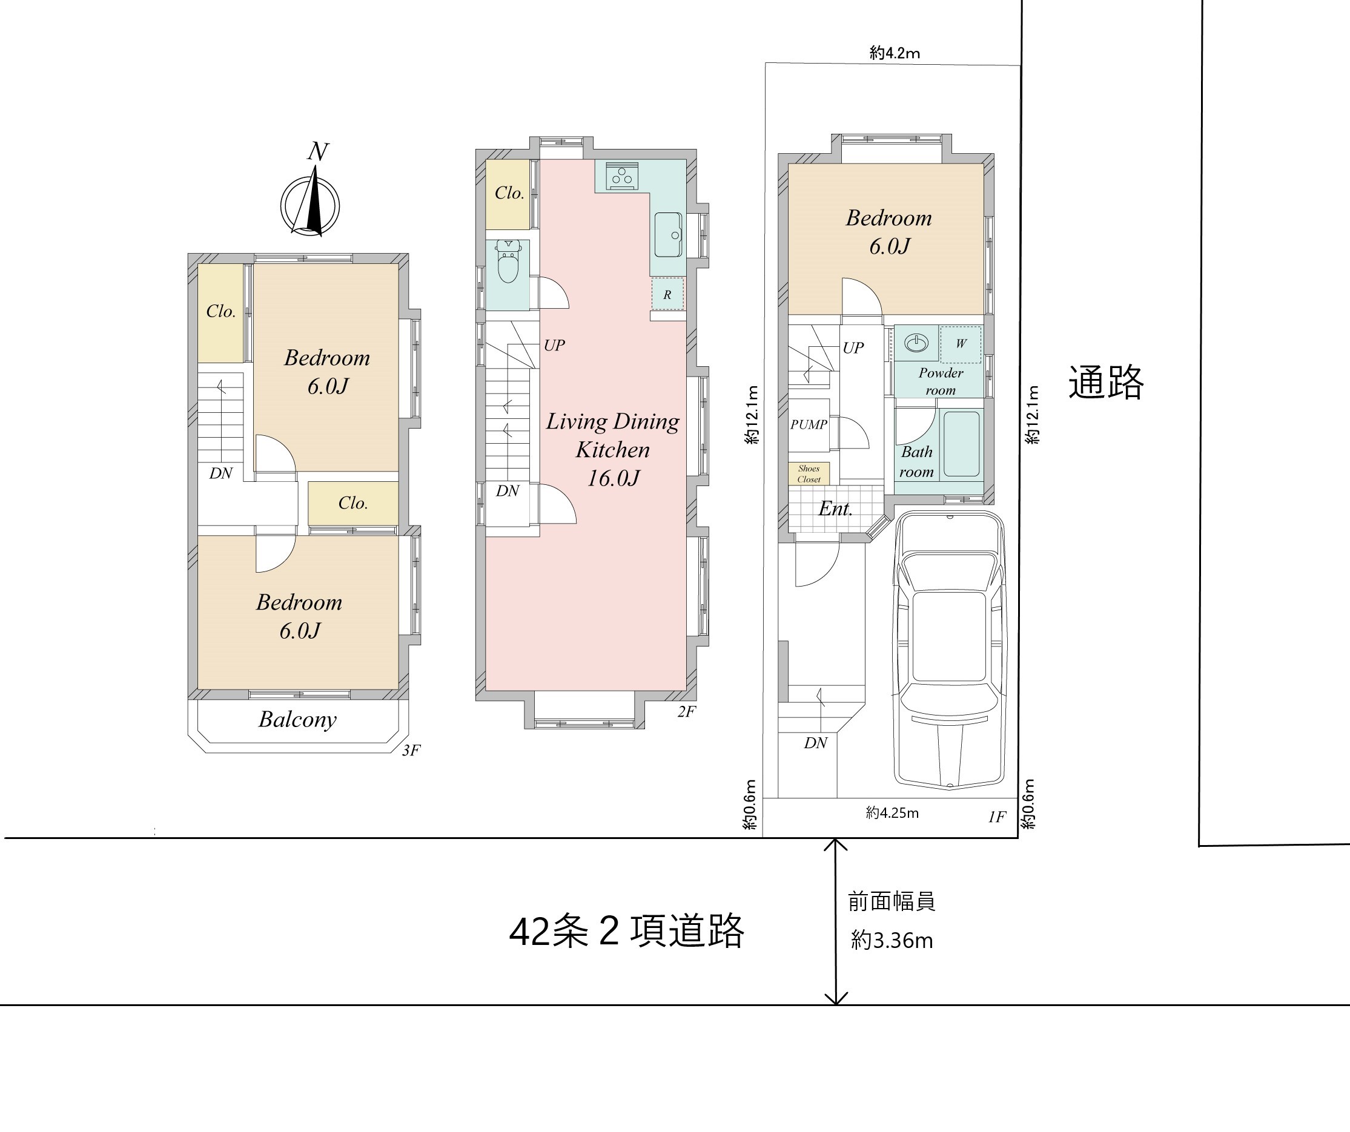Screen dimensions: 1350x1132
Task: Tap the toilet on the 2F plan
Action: click(509, 262)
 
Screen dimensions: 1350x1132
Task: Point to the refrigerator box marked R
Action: click(667, 295)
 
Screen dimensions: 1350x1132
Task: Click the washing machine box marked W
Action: click(961, 344)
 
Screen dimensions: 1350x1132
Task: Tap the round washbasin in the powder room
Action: click(917, 343)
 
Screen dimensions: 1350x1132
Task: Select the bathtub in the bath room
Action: click(962, 444)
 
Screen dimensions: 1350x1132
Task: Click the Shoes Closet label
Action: click(809, 474)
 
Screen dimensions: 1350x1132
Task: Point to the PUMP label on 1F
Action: click(809, 425)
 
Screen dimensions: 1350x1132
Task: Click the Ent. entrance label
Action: click(836, 509)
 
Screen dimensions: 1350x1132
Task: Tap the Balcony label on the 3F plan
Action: click(297, 720)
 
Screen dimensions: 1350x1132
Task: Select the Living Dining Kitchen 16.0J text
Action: click(613, 450)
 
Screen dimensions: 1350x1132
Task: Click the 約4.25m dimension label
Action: click(892, 813)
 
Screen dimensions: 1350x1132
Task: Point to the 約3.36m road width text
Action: click(892, 941)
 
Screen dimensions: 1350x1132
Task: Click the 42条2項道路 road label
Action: click(626, 932)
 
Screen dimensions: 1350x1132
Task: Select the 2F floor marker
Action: click(687, 711)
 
